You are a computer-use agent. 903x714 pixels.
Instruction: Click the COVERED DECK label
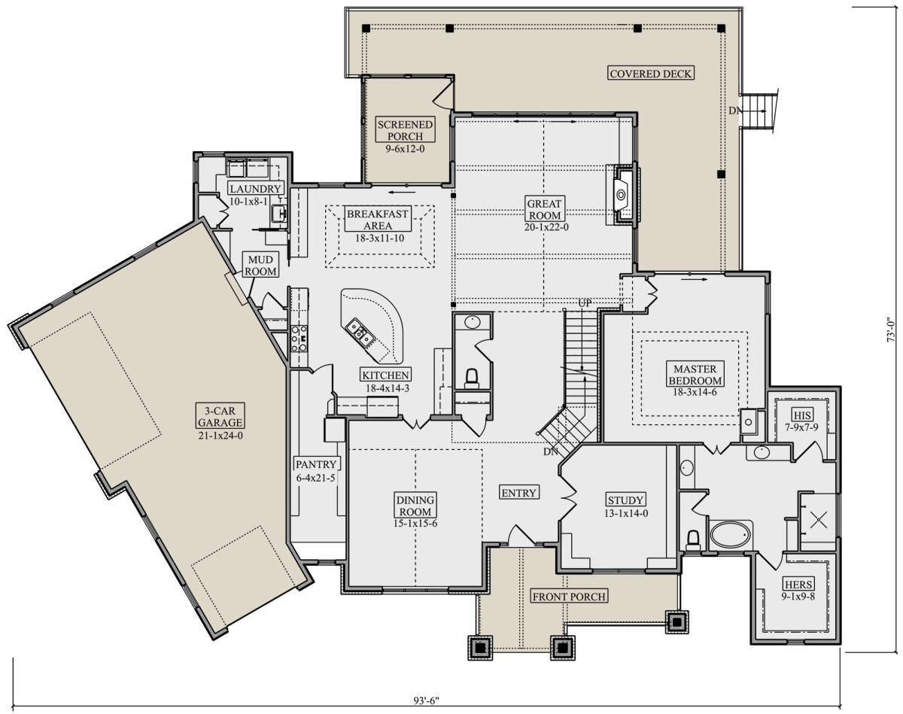[650, 74]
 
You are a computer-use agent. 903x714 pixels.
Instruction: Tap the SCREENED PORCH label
[405, 130]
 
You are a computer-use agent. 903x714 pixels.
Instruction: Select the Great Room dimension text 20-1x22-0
[546, 227]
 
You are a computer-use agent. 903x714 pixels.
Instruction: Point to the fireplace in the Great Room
[622, 194]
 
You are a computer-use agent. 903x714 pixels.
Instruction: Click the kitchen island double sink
[359, 333]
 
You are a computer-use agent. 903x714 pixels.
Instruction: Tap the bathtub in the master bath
[731, 535]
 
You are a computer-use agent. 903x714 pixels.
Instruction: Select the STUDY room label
[626, 500]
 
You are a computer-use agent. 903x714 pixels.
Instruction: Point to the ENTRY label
[519, 493]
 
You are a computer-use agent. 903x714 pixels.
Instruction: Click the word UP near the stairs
[585, 303]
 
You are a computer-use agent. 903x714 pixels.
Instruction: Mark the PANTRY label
[316, 464]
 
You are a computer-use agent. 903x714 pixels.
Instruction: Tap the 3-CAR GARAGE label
[220, 416]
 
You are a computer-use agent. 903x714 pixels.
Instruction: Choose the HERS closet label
[798, 585]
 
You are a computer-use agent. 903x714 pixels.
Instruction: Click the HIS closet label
[801, 415]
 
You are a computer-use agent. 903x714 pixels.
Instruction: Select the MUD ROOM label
[260, 266]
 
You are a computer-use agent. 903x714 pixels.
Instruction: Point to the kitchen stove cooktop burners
[299, 338]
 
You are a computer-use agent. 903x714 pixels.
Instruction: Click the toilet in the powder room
[472, 378]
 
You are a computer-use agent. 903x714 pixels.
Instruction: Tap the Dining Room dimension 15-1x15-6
[415, 523]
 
